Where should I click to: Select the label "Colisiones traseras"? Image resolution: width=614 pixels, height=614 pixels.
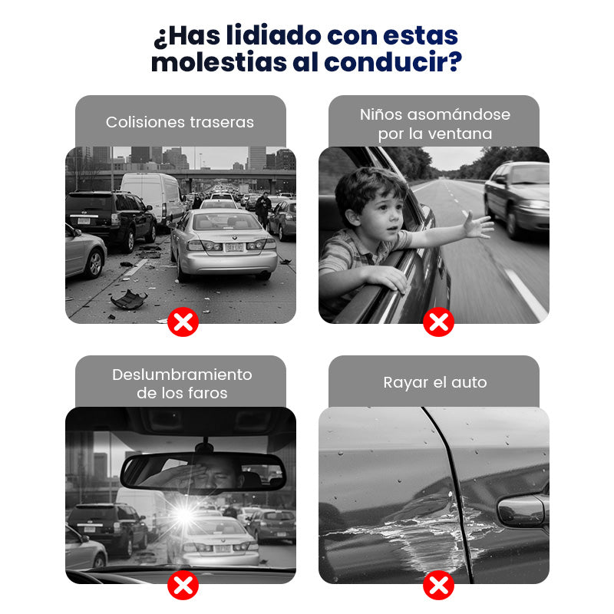pos(180,122)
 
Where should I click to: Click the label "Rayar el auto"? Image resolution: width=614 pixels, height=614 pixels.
pos(435,382)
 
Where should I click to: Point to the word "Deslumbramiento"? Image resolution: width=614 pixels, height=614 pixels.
pos(182,375)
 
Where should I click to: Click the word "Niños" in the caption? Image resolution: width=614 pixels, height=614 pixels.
pos(381,114)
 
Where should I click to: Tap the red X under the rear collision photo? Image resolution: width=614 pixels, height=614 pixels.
pos(183,322)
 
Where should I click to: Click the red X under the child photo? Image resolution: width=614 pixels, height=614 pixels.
pos(438,322)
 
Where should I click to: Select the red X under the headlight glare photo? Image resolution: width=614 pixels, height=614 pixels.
pos(183,585)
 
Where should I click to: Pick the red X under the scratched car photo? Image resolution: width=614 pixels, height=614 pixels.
pos(438,585)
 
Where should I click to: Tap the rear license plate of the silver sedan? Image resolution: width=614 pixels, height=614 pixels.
pos(234,247)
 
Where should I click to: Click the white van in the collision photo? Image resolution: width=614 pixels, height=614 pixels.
pos(152,196)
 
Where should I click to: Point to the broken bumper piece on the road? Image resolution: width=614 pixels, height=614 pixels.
pos(129,299)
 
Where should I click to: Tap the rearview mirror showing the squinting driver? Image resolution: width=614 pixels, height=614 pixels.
pos(203,471)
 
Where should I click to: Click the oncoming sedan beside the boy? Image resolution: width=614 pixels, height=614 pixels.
pos(517,198)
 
